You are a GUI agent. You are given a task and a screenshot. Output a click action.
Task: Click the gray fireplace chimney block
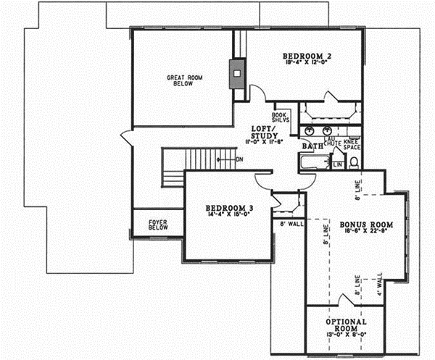[236, 73]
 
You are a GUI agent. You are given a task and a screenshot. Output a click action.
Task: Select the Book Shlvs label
[281, 117]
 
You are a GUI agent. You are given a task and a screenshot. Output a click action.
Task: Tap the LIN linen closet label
[337, 165]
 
